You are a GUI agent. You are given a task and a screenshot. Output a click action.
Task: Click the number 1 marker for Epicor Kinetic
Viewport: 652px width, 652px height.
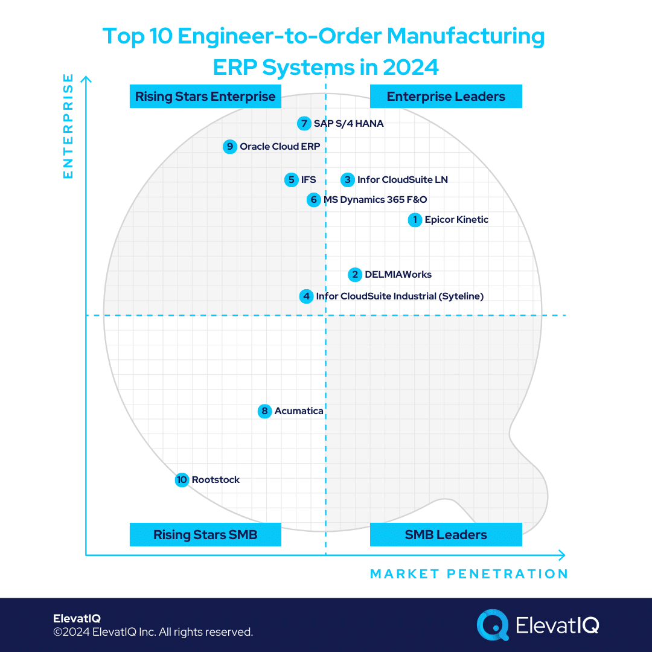tap(415, 220)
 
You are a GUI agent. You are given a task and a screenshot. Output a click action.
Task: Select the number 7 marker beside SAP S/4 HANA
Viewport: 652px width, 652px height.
tap(304, 124)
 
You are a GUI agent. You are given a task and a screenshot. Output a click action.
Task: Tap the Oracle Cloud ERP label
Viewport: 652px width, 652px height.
tap(280, 146)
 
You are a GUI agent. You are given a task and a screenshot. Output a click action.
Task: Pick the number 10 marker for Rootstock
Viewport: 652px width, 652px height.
tap(182, 480)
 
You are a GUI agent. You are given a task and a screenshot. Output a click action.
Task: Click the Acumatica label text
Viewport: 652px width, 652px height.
tap(299, 411)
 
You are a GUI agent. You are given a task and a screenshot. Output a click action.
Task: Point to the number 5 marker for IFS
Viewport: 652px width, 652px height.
tap(292, 179)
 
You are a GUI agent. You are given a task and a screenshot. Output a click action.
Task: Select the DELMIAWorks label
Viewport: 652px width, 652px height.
tap(398, 275)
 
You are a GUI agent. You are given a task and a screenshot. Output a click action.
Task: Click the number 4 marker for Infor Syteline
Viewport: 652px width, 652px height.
tap(307, 296)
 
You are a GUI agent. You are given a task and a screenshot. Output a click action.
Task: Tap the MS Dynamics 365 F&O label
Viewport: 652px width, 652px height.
tap(375, 200)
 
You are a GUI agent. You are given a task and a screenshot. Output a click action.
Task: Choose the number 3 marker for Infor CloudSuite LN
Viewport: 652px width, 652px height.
tap(347, 179)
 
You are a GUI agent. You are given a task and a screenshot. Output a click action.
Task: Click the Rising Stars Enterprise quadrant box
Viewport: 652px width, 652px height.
tap(205, 97)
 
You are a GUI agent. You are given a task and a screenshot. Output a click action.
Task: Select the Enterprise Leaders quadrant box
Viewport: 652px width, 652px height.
tap(446, 97)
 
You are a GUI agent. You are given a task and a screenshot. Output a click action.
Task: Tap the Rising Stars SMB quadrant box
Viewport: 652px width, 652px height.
tap(205, 535)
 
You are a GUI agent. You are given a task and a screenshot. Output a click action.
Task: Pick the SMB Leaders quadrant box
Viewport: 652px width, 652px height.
tap(446, 535)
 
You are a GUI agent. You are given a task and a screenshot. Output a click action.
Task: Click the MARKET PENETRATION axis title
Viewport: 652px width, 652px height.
tap(469, 574)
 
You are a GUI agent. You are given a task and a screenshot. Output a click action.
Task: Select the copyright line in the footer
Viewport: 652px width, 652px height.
tap(153, 632)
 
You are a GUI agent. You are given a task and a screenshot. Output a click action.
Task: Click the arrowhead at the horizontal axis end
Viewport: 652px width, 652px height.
tap(562, 555)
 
